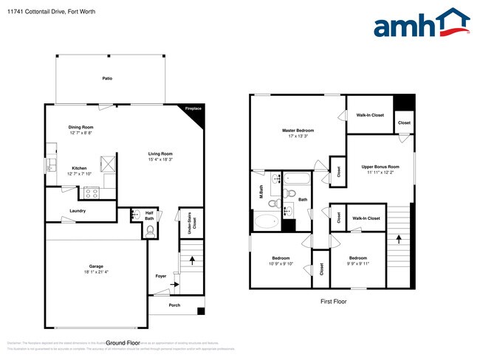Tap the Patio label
coord(107,77)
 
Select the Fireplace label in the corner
coord(193,109)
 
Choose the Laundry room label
coord(78,210)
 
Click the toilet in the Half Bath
coord(150,231)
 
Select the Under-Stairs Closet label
coord(189,219)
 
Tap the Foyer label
coord(160,276)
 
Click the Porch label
coord(174,305)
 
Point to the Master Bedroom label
coord(298,131)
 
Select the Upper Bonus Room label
coord(380,167)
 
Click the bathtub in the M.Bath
coord(265,221)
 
